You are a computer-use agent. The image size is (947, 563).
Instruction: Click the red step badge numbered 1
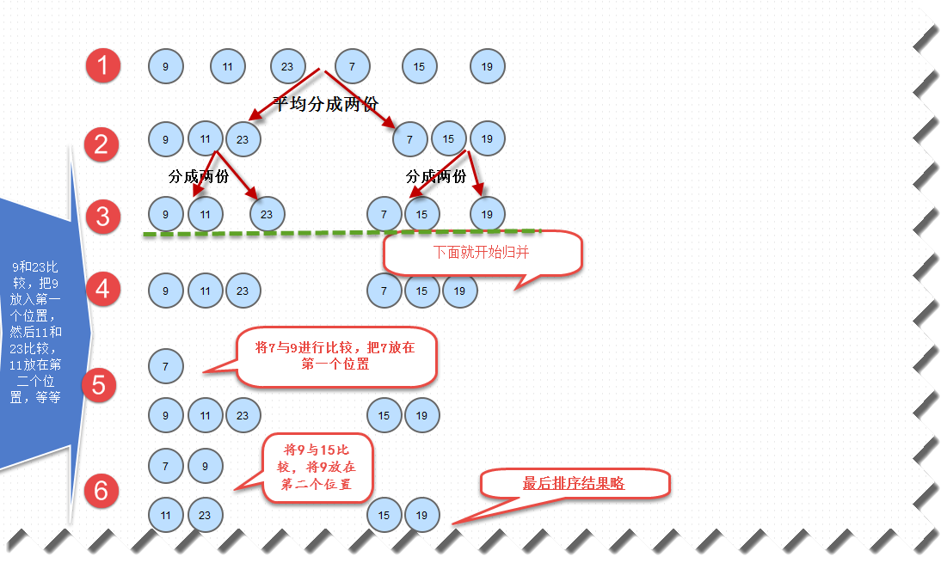(103, 66)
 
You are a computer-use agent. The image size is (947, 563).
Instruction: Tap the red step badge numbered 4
(102, 289)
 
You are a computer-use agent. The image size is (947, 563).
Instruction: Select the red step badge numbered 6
(101, 491)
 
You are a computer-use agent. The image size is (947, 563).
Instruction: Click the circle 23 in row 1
(287, 66)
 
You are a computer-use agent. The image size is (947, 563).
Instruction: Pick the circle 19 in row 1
(487, 66)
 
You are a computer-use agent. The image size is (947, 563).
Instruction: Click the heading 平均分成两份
(325, 103)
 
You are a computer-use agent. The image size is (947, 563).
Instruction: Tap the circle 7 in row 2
(409, 138)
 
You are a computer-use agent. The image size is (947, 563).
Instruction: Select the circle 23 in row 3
(267, 214)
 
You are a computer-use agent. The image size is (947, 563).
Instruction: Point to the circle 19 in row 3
(487, 214)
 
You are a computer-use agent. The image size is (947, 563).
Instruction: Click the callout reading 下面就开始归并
(483, 254)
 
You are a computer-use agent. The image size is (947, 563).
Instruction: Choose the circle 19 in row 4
(459, 291)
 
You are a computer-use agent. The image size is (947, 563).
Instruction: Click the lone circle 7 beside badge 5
(165, 366)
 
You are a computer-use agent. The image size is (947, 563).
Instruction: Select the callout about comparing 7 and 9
(335, 356)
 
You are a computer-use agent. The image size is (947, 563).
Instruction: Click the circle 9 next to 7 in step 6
(205, 466)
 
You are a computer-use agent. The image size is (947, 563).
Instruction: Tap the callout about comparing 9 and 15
(317, 467)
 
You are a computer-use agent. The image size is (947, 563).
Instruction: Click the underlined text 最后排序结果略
(574, 484)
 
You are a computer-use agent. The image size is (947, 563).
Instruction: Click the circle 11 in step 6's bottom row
(165, 516)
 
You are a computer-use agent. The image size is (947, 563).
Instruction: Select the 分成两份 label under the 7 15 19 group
(435, 177)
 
